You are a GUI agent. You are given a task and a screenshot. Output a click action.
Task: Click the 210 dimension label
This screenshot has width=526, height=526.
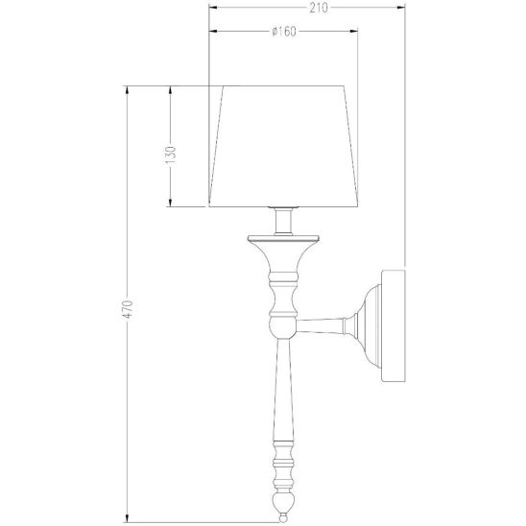(318, 8)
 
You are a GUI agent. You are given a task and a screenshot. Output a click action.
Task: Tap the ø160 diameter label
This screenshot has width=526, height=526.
(284, 32)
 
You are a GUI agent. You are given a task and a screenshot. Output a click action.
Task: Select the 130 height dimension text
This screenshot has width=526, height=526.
(171, 155)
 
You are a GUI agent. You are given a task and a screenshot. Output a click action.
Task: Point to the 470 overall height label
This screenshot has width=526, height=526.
(128, 309)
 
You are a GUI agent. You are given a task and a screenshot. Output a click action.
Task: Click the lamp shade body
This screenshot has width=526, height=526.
(283, 146)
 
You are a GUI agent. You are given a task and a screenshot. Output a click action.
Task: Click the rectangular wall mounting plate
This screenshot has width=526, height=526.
(394, 325)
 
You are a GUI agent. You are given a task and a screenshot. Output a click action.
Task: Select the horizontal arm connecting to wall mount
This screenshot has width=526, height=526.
(321, 325)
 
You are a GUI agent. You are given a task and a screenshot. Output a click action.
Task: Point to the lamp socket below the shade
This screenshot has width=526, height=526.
(283, 221)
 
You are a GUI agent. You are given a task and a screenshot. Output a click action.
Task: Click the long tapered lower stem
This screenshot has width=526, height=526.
(283, 390)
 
